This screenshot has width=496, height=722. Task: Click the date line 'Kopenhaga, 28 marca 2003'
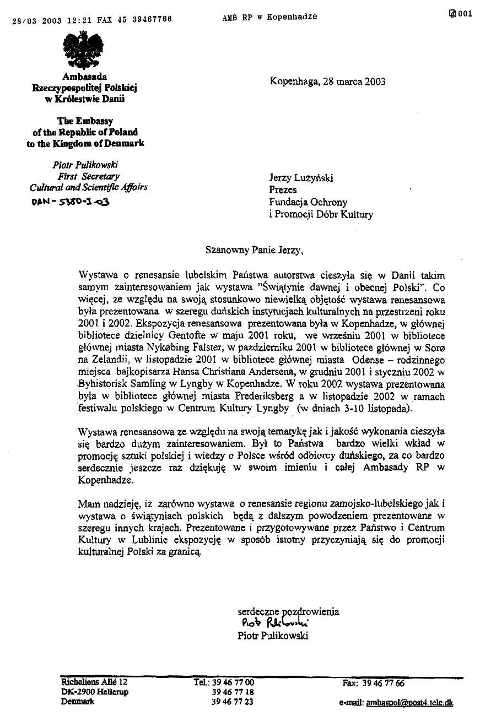[x=327, y=82]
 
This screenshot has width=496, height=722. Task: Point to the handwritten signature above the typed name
[x=275, y=623]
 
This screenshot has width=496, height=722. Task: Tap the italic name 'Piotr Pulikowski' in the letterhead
[x=85, y=165]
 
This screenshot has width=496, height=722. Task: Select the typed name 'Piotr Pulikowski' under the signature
[x=273, y=636]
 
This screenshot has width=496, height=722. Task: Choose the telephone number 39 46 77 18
[x=233, y=692]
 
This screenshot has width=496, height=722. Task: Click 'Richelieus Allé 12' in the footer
[x=94, y=682]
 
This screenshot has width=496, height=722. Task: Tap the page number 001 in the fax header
[x=465, y=14]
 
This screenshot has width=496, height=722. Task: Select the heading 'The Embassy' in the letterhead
[x=85, y=121]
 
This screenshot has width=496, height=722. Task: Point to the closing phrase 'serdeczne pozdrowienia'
[x=288, y=611]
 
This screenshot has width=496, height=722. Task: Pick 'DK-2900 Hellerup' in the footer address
[x=94, y=692]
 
